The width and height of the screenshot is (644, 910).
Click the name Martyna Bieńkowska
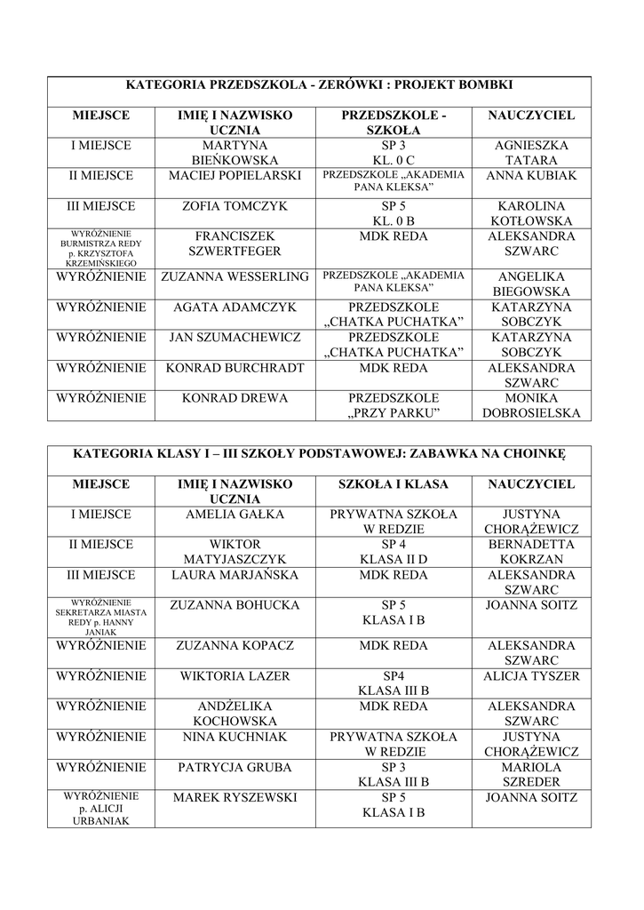235,153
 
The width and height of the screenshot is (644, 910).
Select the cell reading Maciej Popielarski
235,176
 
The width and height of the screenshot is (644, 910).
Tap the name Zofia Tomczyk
235,206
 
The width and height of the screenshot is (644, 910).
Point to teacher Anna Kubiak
531,176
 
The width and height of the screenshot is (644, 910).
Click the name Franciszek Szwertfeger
235,243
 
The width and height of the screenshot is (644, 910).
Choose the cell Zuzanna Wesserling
235,276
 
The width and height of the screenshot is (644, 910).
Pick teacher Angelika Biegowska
531,283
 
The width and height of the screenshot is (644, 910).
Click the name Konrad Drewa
235,398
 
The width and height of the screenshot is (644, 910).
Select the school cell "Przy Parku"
394,405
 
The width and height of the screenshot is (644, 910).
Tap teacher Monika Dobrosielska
531,405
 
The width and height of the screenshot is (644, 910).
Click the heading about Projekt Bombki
319,85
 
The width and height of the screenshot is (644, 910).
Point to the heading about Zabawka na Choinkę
319,453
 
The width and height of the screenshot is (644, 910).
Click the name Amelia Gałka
235,515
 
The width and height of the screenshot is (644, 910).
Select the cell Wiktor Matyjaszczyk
235,552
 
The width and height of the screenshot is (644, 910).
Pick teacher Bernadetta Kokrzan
531,552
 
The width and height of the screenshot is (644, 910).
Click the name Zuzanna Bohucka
235,606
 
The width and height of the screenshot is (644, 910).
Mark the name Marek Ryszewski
235,798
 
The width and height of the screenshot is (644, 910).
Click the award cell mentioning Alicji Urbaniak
100,809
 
